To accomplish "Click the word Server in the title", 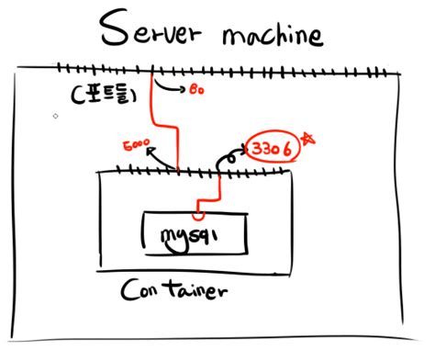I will (151, 31).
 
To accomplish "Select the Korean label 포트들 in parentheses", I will (103, 94).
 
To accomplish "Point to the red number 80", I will (197, 91).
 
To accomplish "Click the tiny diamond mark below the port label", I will (56, 117).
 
